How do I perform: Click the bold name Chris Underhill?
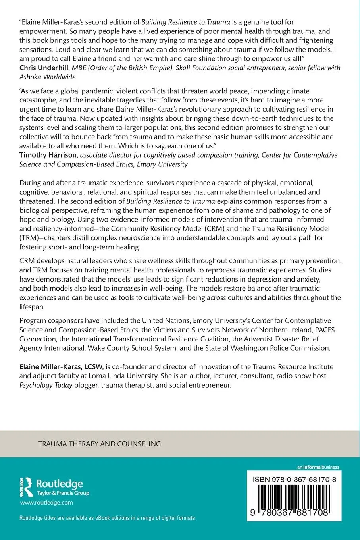pyautogui.click(x=44, y=68)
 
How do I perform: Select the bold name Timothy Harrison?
pyautogui.click(x=48, y=155)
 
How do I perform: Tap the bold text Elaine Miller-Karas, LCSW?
pyautogui.click(x=62, y=367)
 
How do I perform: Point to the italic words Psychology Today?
pyautogui.click(x=46, y=385)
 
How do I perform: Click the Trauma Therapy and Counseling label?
pyautogui.click(x=100, y=444)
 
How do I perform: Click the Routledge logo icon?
pyautogui.click(x=27, y=487)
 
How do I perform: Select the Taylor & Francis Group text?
pyautogui.click(x=63, y=493)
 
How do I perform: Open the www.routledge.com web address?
pyautogui.click(x=46, y=503)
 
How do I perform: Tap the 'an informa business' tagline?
pyautogui.click(x=318, y=467)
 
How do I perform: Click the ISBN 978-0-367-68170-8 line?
pyautogui.click(x=294, y=479)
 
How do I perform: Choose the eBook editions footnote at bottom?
pyautogui.click(x=107, y=518)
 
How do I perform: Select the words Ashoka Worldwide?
pyautogui.click(x=47, y=77)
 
